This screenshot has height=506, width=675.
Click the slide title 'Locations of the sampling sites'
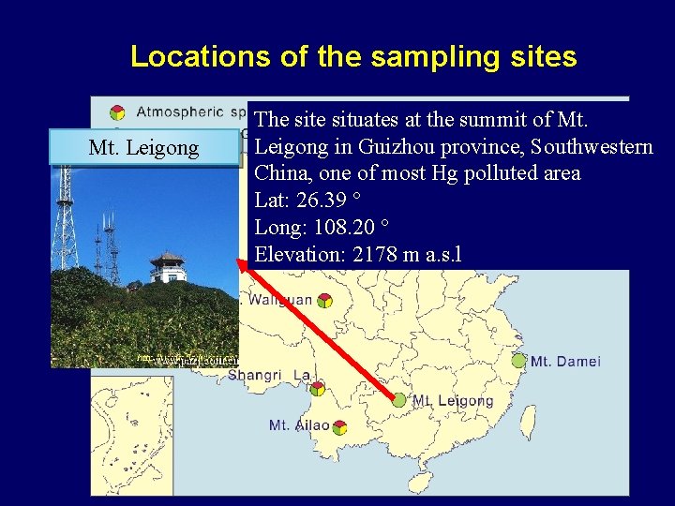coord(353,56)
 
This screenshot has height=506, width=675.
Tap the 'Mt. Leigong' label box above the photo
coord(143,147)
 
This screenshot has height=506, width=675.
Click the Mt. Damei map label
coord(565,362)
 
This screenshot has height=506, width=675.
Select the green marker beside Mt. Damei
coord(518,360)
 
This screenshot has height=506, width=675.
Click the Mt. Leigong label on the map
coord(453,400)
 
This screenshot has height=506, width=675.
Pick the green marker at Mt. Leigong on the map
coord(399,400)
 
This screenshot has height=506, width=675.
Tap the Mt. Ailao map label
coord(299,425)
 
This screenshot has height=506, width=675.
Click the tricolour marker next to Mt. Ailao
coord(339,427)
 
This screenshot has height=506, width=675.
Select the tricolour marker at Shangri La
coord(318,388)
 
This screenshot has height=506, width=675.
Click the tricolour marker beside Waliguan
coord(323,301)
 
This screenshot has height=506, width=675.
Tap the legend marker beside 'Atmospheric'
coord(117,112)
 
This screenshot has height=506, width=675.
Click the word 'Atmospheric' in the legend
coord(180,112)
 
